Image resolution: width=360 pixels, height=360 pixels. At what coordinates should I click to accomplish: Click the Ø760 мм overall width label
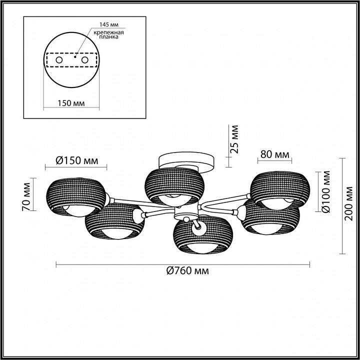187,271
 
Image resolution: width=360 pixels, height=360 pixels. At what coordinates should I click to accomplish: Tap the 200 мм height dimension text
349,203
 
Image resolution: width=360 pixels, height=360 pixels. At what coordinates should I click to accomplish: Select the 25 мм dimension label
234,139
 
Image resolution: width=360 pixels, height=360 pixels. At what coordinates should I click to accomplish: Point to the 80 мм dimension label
275,154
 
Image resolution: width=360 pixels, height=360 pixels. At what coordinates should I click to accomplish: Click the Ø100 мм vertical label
326,191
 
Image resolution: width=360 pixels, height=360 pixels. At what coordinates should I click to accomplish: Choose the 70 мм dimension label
26,197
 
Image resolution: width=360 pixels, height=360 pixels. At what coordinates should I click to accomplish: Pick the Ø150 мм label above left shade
77,160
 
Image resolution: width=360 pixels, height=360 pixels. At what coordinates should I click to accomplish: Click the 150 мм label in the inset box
71,103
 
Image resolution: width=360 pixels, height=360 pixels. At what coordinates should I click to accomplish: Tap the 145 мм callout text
109,24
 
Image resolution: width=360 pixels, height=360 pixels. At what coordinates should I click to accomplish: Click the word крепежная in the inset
108,32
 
